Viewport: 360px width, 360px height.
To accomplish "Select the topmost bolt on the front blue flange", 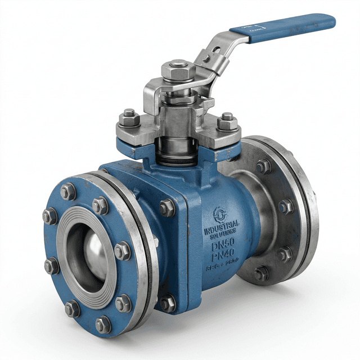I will (68, 191).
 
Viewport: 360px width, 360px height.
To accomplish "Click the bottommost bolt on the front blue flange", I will (103, 324).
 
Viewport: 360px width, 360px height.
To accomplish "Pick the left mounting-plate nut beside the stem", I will (129, 118).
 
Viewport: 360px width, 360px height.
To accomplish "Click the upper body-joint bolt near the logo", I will (167, 208).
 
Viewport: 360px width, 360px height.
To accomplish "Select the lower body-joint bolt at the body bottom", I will (168, 303).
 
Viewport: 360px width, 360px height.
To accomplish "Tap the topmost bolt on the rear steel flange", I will (263, 166).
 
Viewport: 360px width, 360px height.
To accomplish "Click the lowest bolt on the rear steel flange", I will (261, 274).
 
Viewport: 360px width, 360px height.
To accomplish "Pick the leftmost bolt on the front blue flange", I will (49, 217).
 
